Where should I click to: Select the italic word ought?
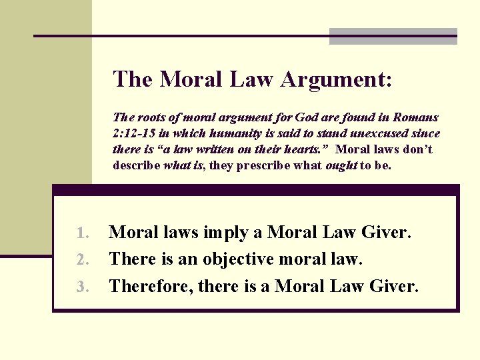(x=341, y=165)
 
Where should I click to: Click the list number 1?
(x=82, y=233)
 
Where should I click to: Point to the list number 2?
(x=82, y=259)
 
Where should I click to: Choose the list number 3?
(x=82, y=287)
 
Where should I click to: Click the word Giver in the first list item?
(x=386, y=232)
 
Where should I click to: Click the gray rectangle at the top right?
(x=393, y=36)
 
